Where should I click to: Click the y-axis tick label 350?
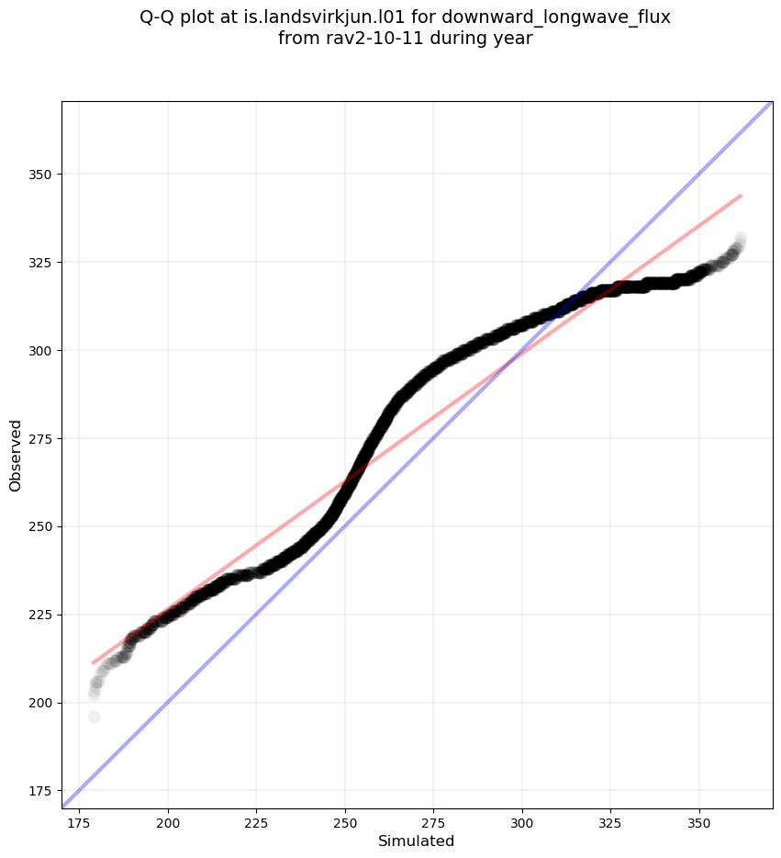point(40,175)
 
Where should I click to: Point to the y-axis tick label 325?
point(40,263)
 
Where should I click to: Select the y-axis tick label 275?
point(40,438)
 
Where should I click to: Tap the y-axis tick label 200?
point(40,703)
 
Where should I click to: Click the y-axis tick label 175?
point(40,791)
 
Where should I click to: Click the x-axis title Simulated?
point(416,841)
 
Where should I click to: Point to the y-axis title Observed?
point(16,455)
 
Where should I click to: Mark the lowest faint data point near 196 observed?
point(94,717)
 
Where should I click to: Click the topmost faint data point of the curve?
point(741,238)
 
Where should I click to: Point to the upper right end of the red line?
point(741,196)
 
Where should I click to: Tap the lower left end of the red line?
point(93,662)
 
